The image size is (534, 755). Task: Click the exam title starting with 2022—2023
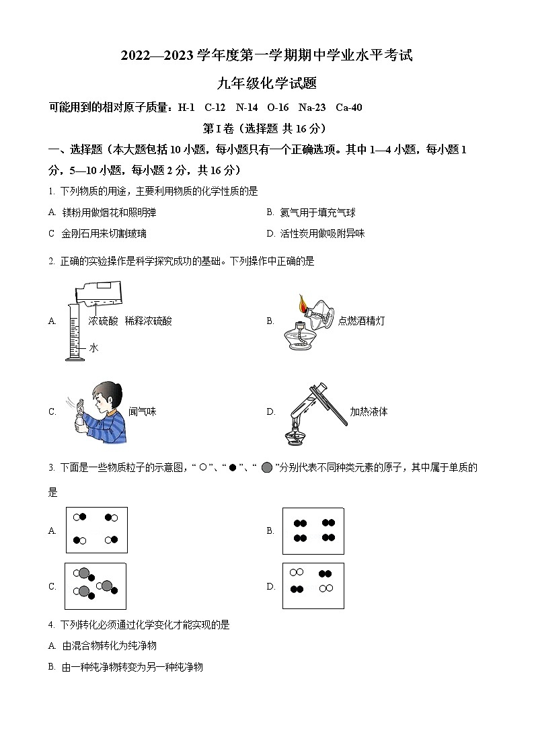click(x=266, y=56)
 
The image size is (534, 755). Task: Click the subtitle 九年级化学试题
click(x=266, y=83)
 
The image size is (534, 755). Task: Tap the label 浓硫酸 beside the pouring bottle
click(x=103, y=321)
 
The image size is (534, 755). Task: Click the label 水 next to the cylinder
click(x=93, y=348)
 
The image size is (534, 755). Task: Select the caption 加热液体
click(x=369, y=411)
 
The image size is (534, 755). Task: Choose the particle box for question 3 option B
click(x=313, y=530)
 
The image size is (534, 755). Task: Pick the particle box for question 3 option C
click(x=96, y=586)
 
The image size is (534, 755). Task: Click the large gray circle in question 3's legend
click(x=267, y=467)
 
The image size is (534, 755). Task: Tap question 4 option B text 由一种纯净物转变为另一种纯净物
click(x=132, y=667)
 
